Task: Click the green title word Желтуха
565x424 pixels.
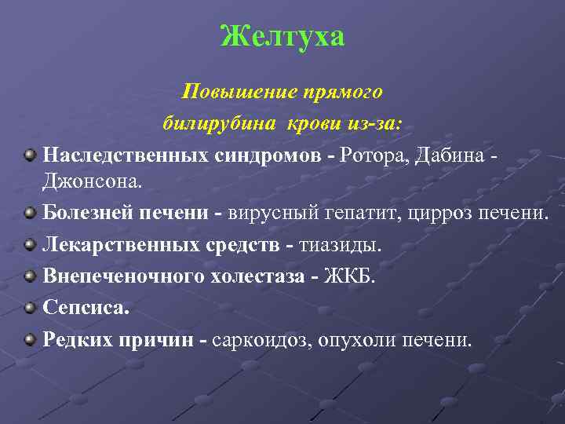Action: [282, 36]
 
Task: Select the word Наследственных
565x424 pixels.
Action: [126, 155]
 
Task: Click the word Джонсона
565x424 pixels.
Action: [93, 181]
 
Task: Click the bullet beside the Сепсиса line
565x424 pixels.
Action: [30, 307]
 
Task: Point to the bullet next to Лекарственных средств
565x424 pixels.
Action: [30, 243]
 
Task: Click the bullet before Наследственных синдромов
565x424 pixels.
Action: [30, 154]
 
